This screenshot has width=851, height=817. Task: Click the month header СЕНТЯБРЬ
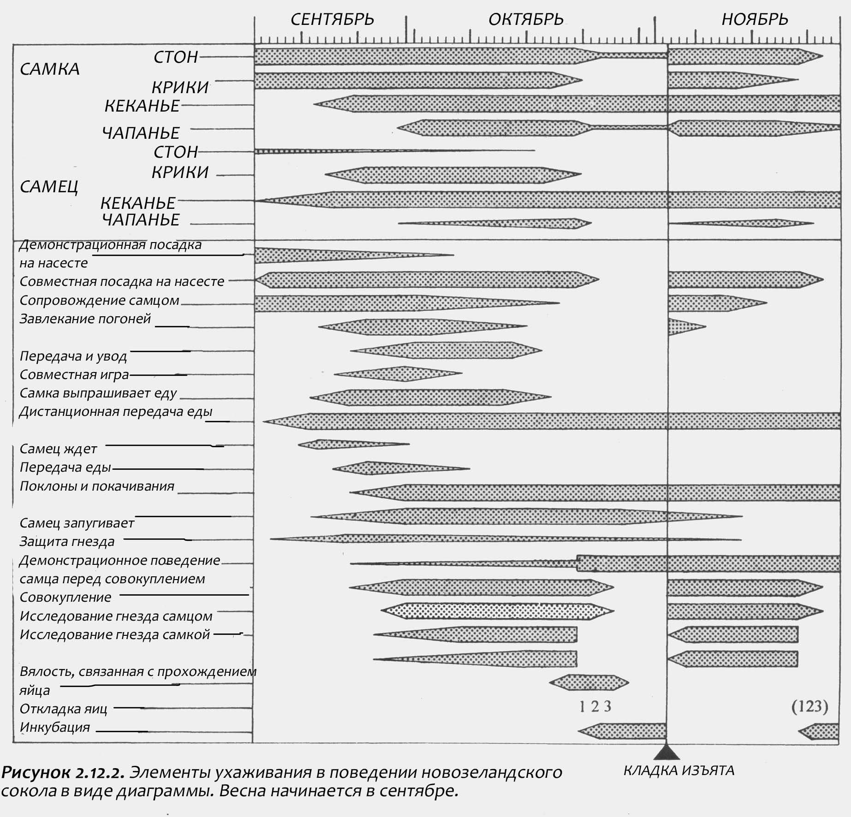[332, 19]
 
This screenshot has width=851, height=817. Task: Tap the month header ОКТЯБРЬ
[526, 19]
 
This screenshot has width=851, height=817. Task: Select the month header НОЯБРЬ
[755, 19]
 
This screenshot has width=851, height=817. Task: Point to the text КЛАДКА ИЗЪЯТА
[678, 771]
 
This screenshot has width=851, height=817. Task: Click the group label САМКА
[50, 69]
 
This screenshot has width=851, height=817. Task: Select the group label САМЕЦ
[49, 187]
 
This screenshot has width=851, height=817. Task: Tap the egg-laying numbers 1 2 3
[595, 706]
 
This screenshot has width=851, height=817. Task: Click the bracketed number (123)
[809, 706]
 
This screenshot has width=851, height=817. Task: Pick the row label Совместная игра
[74, 375]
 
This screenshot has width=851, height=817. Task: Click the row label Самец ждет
[58, 449]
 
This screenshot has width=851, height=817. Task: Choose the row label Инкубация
[54, 728]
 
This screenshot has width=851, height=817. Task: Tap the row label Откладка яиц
[63, 709]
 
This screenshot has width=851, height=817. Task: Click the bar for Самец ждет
[341, 444]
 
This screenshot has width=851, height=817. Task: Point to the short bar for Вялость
[589, 683]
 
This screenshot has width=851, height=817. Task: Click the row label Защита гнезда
[67, 542]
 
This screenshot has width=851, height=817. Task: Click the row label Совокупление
[65, 598]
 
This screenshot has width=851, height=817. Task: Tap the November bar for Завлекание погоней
[683, 326]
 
